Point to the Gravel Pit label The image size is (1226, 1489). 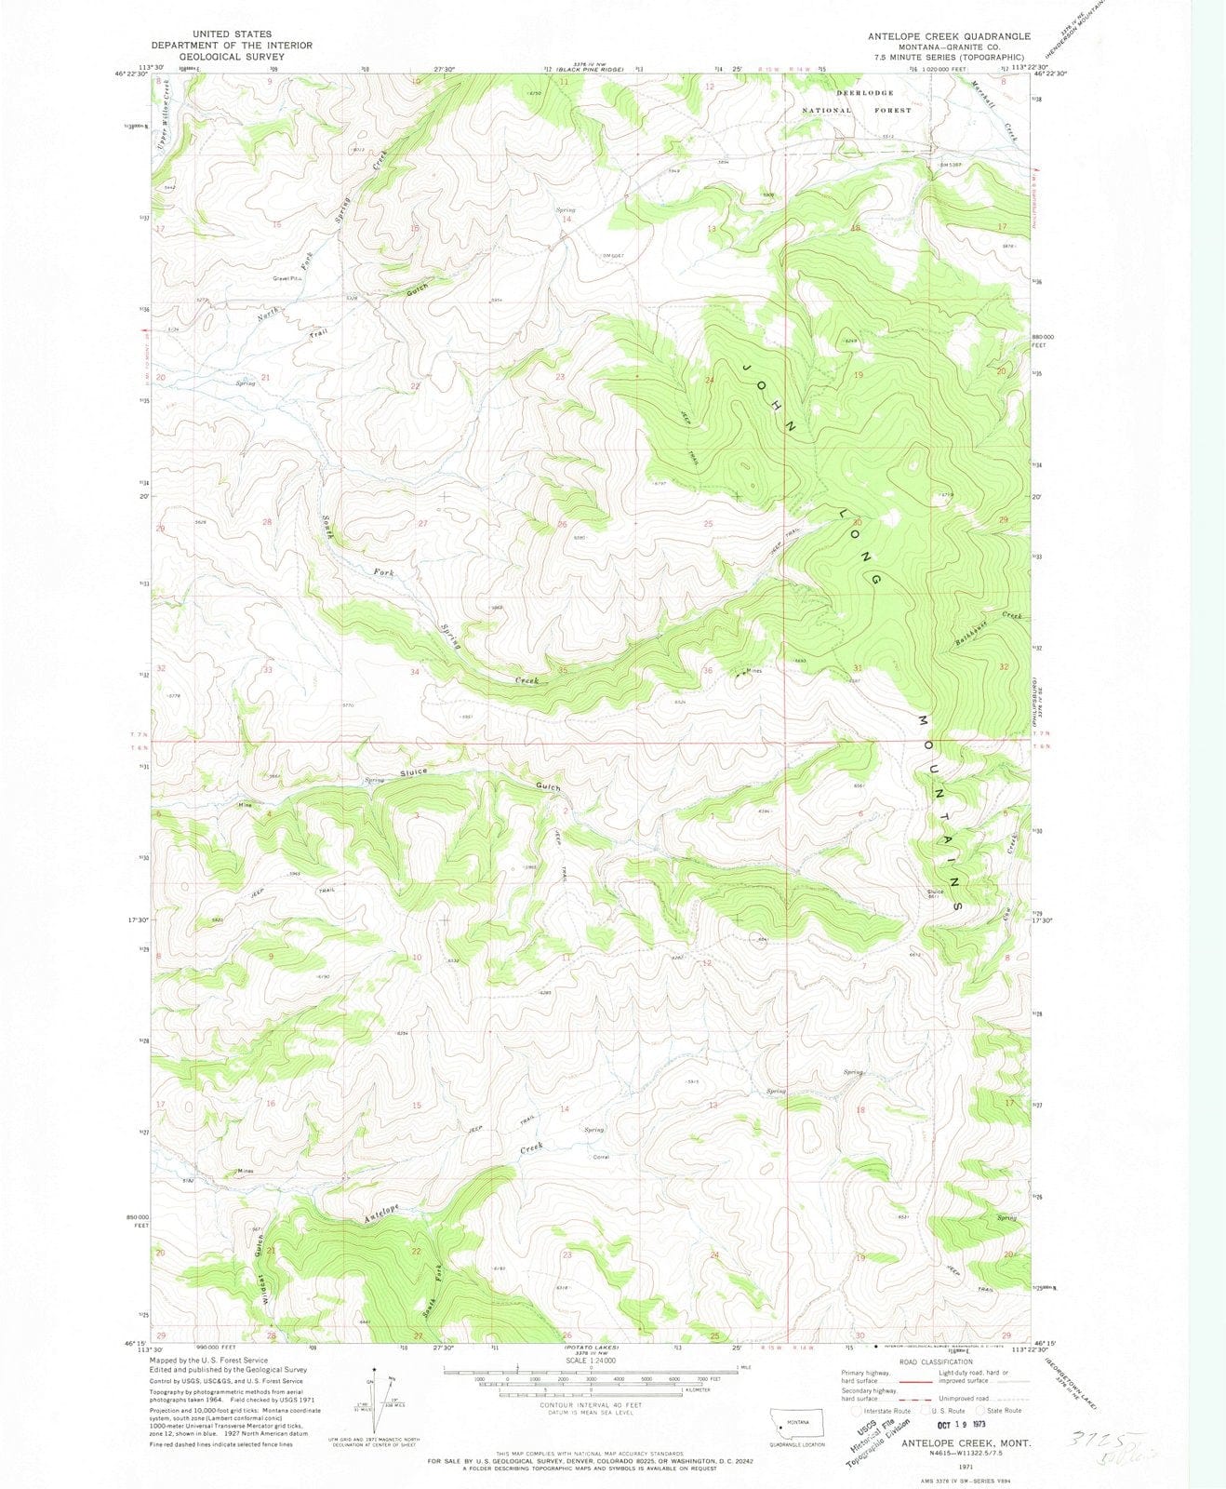click(x=288, y=278)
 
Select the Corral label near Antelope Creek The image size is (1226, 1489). click(x=601, y=1158)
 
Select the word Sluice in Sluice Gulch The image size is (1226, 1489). click(x=414, y=772)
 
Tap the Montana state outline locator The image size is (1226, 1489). click(x=800, y=1418)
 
